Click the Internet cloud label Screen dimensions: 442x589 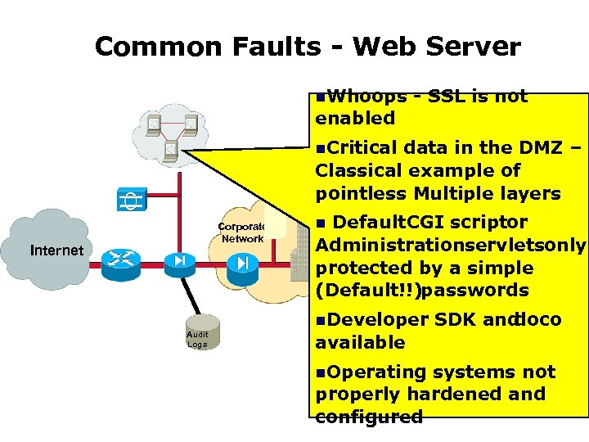(56, 250)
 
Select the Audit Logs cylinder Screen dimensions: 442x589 (197, 334)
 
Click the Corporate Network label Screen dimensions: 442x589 (241, 232)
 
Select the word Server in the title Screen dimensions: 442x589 (479, 46)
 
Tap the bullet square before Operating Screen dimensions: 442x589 (320, 373)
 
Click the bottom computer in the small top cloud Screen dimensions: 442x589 (172, 149)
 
